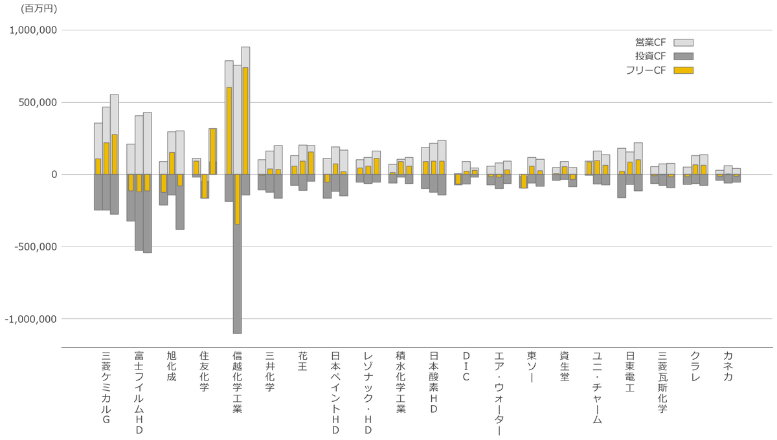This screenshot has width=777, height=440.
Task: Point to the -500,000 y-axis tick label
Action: [x=33, y=247]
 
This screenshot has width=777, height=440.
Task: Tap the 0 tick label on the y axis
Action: [x=54, y=175]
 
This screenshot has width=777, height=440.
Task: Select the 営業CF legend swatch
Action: [x=683, y=42]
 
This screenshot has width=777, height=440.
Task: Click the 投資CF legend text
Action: [x=650, y=56]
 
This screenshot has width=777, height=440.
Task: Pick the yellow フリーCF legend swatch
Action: [x=683, y=70]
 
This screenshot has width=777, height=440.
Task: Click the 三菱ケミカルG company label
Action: [x=106, y=388]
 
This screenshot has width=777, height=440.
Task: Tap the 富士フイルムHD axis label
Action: [x=139, y=393]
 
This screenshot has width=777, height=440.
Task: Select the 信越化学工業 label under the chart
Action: [x=237, y=382]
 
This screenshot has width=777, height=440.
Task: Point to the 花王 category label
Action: [x=302, y=362]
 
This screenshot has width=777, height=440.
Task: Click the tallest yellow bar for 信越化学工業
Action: [x=245, y=120]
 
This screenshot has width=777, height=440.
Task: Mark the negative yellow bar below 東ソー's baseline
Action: [x=523, y=181]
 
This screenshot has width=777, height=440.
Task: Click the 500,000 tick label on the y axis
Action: [x=38, y=102]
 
